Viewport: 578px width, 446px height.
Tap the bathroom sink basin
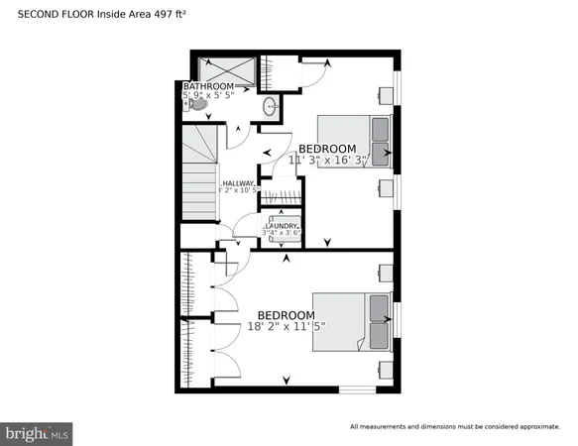point(269,106)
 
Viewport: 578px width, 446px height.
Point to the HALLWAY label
point(239,183)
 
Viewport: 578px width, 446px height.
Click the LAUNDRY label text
point(281,226)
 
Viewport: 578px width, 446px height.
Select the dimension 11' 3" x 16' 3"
point(327,159)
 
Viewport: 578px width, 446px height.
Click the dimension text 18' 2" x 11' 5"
point(286,325)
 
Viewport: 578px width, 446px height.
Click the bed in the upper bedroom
point(353,141)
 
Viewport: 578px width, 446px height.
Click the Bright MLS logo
point(37,433)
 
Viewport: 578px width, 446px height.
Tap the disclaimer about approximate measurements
point(454,427)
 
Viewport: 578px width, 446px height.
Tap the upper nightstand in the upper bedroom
point(386,94)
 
